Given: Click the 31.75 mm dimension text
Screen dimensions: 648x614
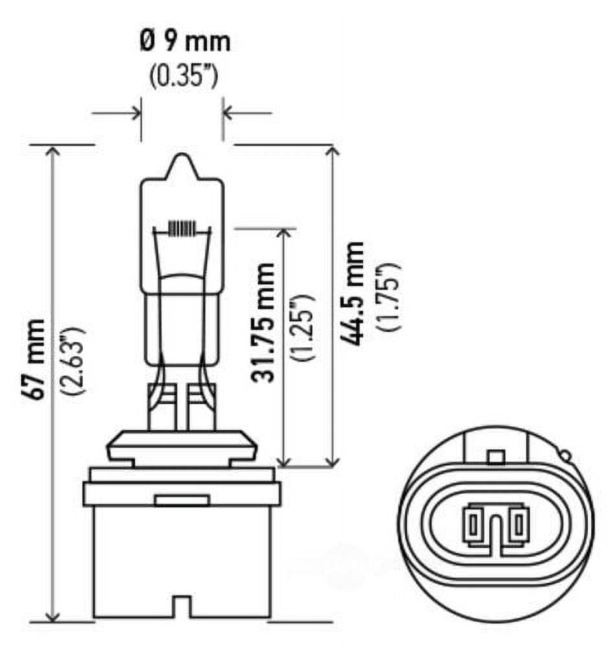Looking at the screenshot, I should click(266, 322).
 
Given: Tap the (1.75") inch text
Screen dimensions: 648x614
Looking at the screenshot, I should click(390, 296).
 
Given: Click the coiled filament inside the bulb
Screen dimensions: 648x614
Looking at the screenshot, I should click(181, 229).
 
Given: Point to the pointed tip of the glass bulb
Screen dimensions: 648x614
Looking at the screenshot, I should click(182, 157).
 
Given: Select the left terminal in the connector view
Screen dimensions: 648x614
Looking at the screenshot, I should click(473, 523).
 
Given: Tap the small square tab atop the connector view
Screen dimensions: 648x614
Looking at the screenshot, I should click(495, 456).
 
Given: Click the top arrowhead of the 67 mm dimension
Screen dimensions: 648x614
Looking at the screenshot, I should click(52, 150).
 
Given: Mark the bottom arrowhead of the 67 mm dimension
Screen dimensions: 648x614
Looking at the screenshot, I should click(52, 616).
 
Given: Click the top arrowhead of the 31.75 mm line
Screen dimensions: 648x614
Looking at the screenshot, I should click(283, 233).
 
